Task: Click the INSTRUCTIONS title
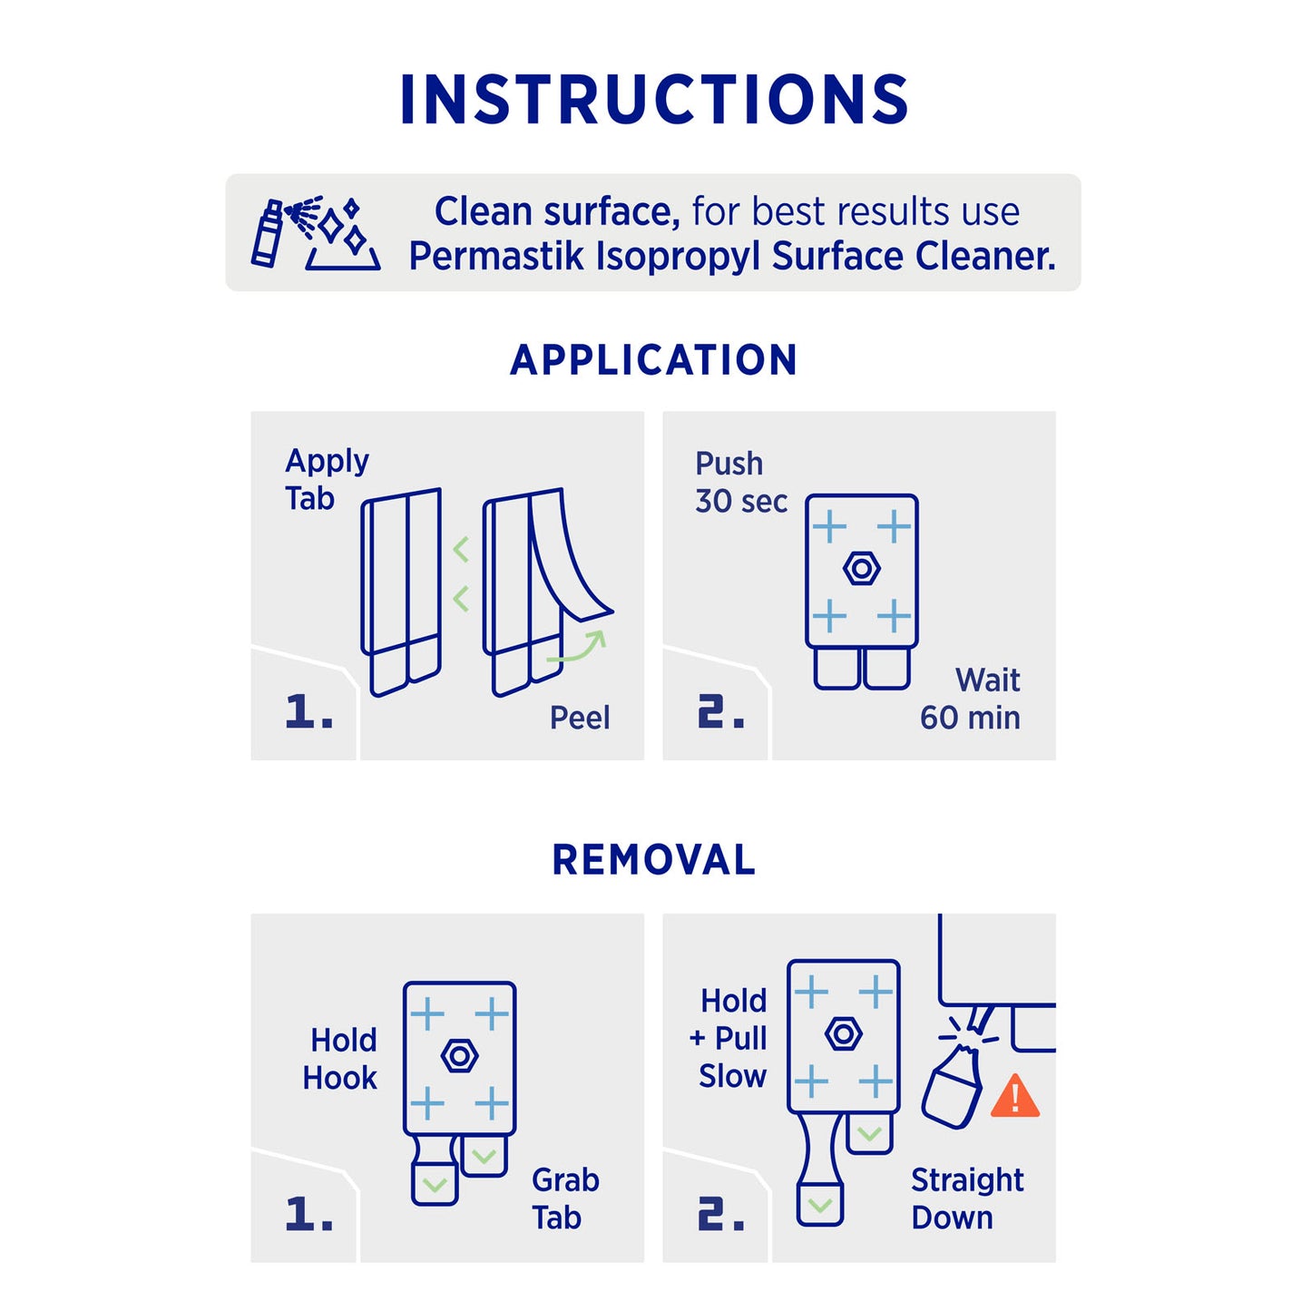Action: [x=654, y=99]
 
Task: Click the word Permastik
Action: [x=496, y=257]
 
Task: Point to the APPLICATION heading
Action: [x=653, y=359]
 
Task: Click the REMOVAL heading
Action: [x=653, y=859]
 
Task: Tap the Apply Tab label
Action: [x=327, y=480]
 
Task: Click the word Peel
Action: [x=580, y=718]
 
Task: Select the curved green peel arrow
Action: [x=578, y=649]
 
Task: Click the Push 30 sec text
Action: [x=741, y=483]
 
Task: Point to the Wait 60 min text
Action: [x=970, y=699]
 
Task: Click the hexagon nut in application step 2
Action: [x=861, y=568]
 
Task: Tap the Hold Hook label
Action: [x=339, y=1060]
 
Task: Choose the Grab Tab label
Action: [x=565, y=1199]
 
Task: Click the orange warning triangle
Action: [x=1015, y=1096]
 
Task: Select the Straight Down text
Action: [x=967, y=1198]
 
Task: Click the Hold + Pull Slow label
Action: [x=728, y=1039]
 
